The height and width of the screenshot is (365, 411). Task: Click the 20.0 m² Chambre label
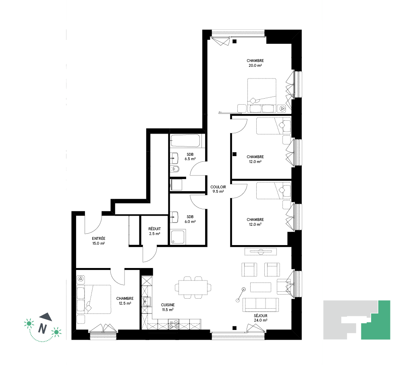pyautogui.click(x=255, y=63)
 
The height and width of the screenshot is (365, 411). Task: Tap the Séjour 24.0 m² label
pyautogui.click(x=261, y=318)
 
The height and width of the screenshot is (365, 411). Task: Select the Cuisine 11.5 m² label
pyautogui.click(x=168, y=307)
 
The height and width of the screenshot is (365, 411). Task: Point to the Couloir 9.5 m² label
pyautogui.click(x=218, y=189)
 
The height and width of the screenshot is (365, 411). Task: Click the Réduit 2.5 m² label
pyautogui.click(x=154, y=231)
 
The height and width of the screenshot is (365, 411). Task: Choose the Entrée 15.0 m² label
pyautogui.click(x=99, y=241)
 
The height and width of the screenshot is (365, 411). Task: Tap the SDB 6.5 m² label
pyautogui.click(x=190, y=157)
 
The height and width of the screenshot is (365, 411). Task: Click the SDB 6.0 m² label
pyautogui.click(x=190, y=219)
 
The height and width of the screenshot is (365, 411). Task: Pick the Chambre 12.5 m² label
pyautogui.click(x=125, y=301)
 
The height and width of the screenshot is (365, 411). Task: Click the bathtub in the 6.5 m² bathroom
pyautogui.click(x=186, y=141)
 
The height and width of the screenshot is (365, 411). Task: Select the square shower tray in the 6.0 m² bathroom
pyautogui.click(x=178, y=237)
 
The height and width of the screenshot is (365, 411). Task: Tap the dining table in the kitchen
pyautogui.click(x=193, y=287)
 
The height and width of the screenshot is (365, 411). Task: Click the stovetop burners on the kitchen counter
pyautogui.click(x=174, y=324)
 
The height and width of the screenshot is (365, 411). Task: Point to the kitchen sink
pyautogui.click(x=147, y=301)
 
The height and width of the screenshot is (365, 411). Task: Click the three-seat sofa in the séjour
pyautogui.click(x=261, y=305)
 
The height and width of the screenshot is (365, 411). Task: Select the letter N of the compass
pyautogui.click(x=42, y=328)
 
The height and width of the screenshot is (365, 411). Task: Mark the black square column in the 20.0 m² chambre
pyautogui.click(x=235, y=41)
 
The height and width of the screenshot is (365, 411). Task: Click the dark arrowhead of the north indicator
pyautogui.click(x=46, y=317)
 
